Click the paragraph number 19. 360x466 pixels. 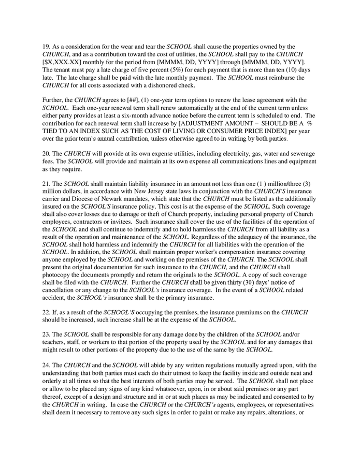point(46,47)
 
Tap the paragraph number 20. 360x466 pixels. point(46,154)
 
